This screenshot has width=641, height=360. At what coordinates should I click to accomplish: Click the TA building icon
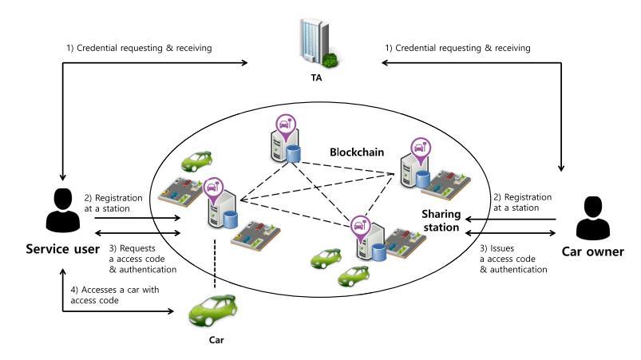tap(319, 42)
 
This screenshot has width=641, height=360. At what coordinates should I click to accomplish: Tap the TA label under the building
tap(316, 77)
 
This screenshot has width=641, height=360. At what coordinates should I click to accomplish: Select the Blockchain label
tap(357, 152)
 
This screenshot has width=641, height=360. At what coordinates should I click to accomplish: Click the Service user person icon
tap(63, 211)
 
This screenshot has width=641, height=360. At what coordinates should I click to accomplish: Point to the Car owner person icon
tap(593, 218)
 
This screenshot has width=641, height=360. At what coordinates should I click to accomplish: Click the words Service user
tap(62, 249)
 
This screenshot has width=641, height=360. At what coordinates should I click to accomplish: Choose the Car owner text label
tap(593, 251)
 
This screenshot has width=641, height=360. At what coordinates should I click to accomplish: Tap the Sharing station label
tap(441, 220)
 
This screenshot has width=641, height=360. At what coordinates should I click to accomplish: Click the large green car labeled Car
tap(212, 311)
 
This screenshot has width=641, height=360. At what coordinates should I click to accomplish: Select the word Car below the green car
tap(216, 340)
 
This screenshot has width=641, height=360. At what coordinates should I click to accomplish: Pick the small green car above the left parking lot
tap(196, 161)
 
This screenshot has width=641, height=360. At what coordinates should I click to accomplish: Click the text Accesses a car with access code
tap(115, 295)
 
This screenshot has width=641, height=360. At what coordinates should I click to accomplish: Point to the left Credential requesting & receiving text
tap(139, 48)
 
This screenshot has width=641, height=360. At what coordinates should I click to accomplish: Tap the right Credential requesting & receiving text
tap(458, 48)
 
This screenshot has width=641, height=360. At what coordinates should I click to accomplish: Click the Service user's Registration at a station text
tap(113, 203)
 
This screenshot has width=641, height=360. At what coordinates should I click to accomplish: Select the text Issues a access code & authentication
tap(513, 259)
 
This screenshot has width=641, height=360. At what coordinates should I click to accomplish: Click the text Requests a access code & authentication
tap(143, 259)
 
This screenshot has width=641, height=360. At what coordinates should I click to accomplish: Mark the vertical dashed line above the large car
tap(215, 264)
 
